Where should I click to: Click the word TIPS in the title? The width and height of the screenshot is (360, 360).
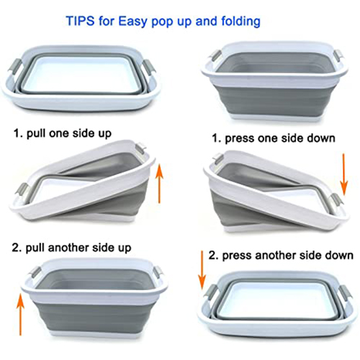click(80, 21)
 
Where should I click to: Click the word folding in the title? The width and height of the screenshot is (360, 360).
click(240, 22)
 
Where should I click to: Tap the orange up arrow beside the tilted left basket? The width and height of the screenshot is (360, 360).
click(159, 184)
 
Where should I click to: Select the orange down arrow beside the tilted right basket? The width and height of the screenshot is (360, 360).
click(343, 174)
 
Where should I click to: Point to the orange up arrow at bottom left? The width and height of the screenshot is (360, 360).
click(21, 314)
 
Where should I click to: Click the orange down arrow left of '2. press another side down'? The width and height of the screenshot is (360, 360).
click(202, 271)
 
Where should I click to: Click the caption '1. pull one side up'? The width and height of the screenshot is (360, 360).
click(63, 134)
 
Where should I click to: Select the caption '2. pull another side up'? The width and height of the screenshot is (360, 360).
click(71, 248)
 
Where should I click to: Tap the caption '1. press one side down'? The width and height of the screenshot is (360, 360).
click(274, 138)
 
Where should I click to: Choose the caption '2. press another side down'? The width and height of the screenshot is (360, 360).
click(281, 256)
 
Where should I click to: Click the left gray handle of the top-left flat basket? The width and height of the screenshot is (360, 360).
click(15, 66)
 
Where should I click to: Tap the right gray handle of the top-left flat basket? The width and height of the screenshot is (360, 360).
click(150, 68)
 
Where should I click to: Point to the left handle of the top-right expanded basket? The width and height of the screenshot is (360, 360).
click(216, 55)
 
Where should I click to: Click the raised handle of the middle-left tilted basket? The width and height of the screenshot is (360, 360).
click(140, 148)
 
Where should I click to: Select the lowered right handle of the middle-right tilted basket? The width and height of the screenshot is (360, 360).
click(336, 201)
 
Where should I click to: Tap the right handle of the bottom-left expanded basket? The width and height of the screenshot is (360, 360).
click(157, 273)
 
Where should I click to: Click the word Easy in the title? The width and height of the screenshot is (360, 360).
click(132, 22)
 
